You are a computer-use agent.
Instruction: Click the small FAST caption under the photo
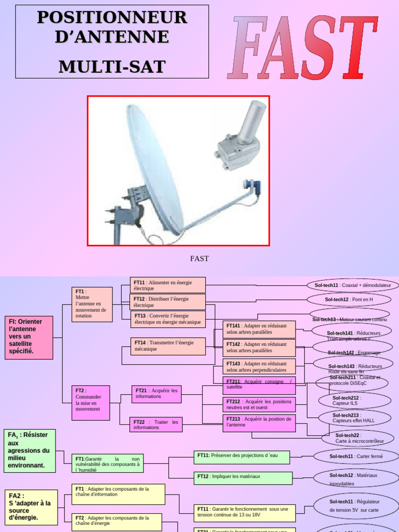(x=199, y=258)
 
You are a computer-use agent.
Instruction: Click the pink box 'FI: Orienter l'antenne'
(x=29, y=337)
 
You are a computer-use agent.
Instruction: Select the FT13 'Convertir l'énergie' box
(x=168, y=319)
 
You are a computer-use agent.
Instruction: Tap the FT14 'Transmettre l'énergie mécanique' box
(x=168, y=346)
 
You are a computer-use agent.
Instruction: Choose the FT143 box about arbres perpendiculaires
(x=259, y=367)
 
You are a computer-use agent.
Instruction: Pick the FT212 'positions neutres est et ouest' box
(x=259, y=405)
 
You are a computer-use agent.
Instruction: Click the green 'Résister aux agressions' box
(x=30, y=450)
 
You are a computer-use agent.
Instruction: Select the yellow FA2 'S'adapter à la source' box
(x=31, y=507)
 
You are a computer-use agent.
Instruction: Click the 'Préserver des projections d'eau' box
(x=242, y=457)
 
